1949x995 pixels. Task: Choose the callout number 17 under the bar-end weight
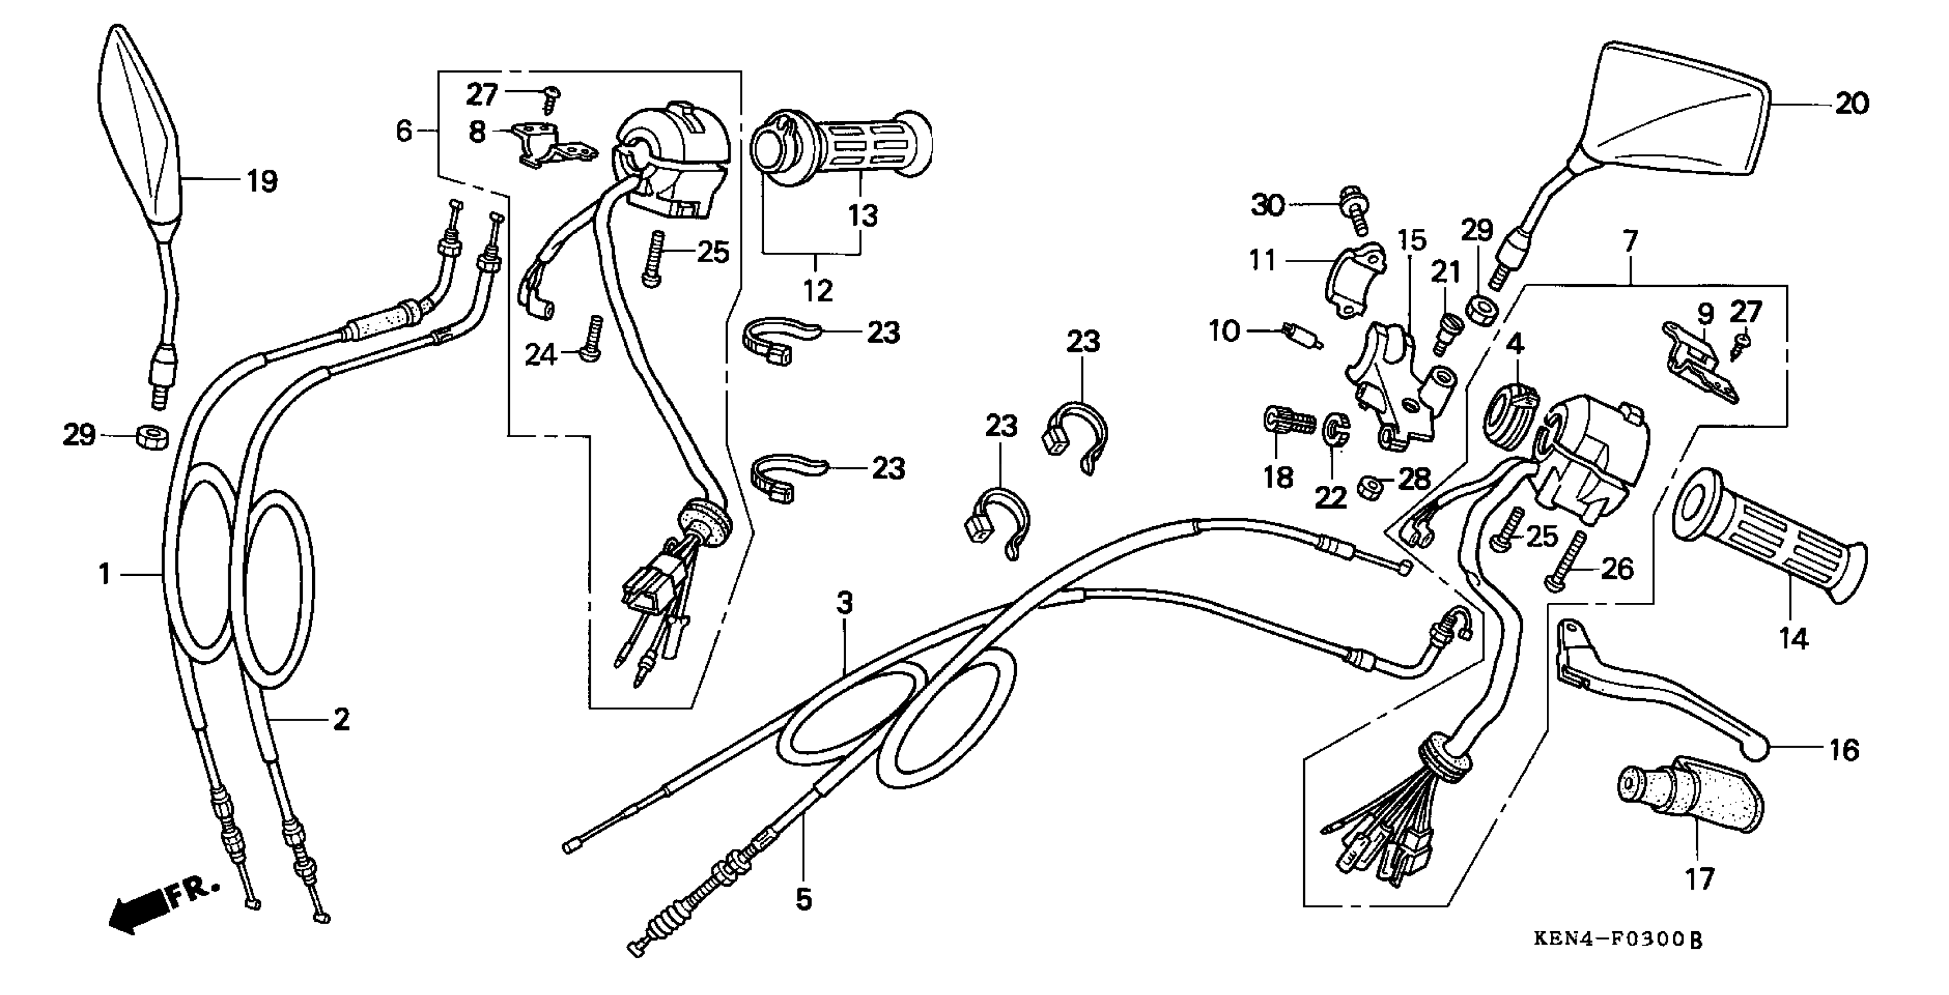(1698, 879)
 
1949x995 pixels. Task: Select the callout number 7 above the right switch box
(1631, 242)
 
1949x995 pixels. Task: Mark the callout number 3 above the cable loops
(844, 603)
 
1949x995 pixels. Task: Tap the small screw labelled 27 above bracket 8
(551, 98)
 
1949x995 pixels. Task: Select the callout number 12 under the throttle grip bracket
(817, 290)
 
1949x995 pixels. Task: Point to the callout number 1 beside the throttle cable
(104, 574)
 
